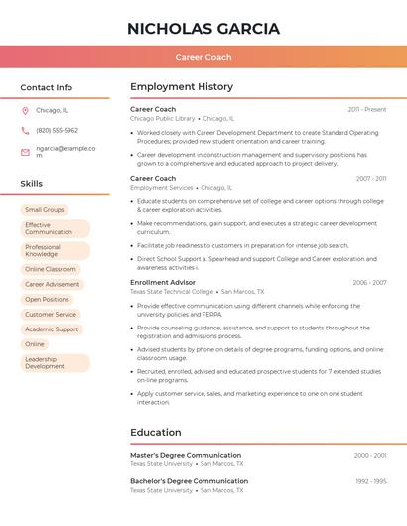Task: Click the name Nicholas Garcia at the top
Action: pos(203,28)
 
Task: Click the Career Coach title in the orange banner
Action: pos(203,58)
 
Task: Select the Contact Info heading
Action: pos(47,87)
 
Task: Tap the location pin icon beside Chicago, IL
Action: pos(25,111)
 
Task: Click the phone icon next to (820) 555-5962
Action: pos(25,130)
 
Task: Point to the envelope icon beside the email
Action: pos(25,152)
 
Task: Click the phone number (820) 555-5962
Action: pos(57,130)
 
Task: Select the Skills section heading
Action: pos(32,184)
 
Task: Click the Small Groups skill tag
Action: pos(45,210)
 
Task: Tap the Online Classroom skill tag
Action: pos(51,269)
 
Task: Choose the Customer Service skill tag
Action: pos(51,314)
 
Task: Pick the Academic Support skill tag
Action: pos(52,329)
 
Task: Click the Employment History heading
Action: pos(182,87)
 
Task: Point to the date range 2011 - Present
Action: pos(367,109)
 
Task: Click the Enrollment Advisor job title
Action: pos(162,283)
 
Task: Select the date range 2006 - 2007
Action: pos(369,283)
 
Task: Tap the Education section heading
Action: pos(156,432)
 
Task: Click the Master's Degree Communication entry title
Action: pos(186,455)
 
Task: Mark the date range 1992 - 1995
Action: pos(370,481)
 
